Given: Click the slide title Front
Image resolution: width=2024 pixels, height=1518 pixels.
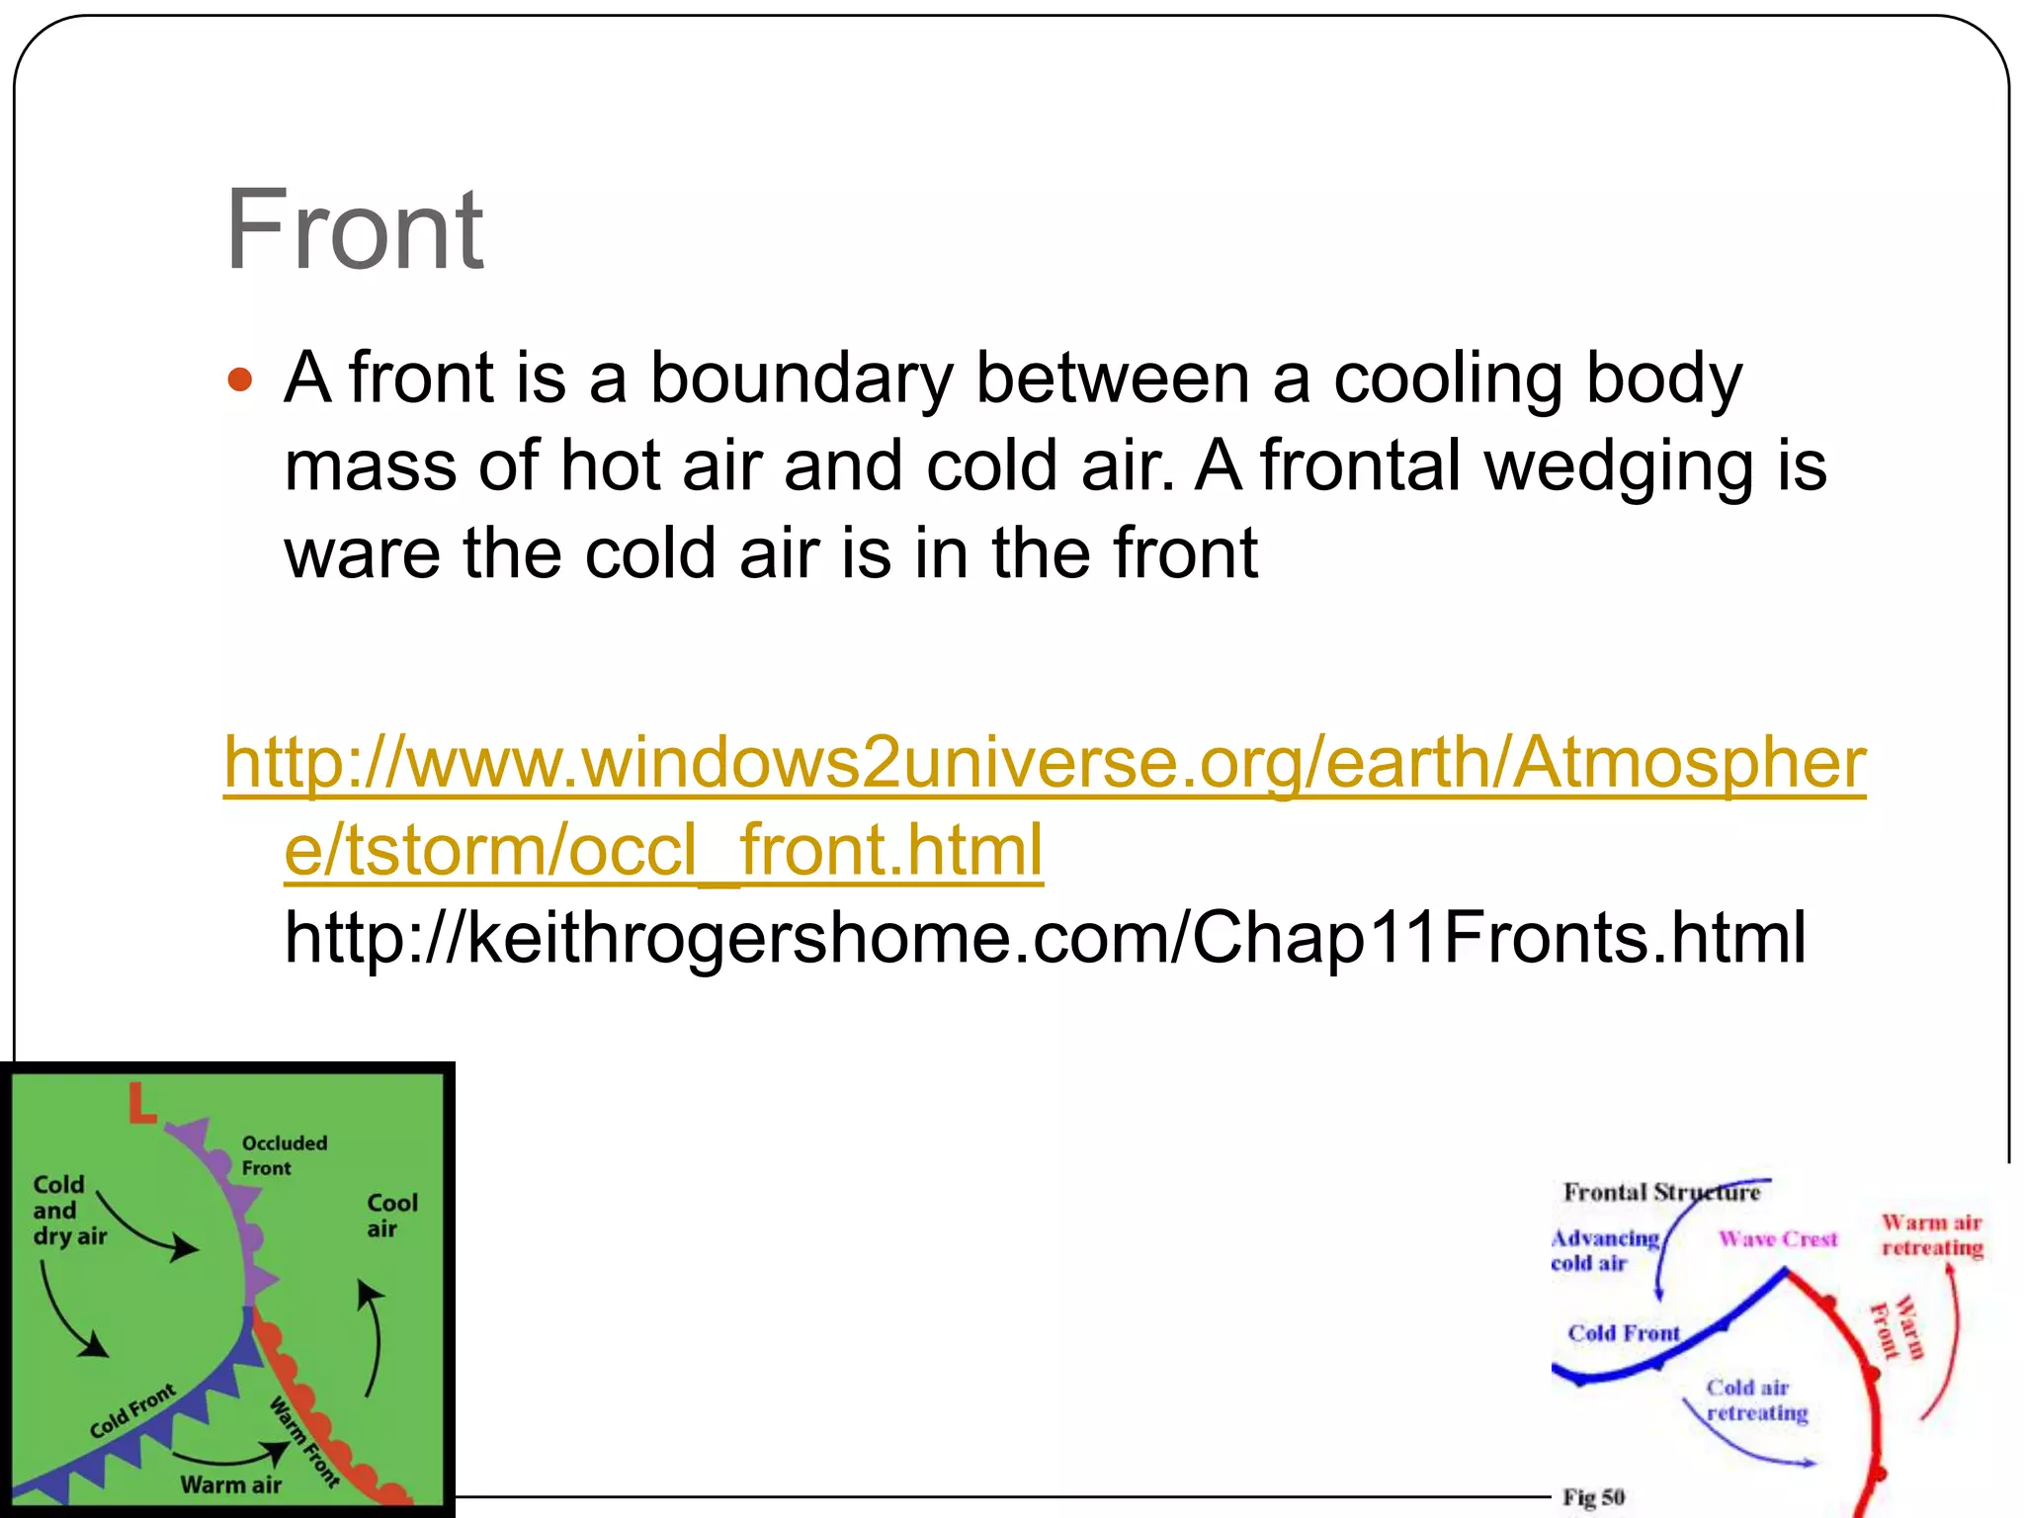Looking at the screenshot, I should [354, 230].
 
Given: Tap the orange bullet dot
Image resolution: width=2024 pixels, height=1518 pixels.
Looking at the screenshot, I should [240, 379].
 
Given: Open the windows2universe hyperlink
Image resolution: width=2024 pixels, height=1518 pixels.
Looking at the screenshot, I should [1044, 763].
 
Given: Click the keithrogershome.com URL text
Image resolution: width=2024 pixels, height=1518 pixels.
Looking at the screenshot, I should [1045, 937].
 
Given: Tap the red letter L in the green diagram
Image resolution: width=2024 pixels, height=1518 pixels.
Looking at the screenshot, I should [142, 1104].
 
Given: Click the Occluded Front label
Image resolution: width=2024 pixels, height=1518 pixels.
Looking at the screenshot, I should [284, 1155].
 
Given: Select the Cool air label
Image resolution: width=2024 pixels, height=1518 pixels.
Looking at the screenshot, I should [391, 1216].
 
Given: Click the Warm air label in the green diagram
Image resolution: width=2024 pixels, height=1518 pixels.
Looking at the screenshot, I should [230, 1484].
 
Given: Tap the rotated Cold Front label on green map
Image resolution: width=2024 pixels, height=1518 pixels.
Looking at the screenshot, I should [132, 1411].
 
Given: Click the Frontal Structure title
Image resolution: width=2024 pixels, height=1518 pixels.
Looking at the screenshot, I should [1660, 1192].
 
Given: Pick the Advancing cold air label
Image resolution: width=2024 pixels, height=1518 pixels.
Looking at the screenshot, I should [1603, 1250].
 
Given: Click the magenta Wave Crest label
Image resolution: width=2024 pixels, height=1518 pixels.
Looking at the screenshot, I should [1777, 1238].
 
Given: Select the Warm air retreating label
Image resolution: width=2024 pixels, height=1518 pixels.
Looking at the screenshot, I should [1931, 1235].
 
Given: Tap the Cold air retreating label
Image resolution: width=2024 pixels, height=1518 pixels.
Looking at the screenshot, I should [1755, 1400].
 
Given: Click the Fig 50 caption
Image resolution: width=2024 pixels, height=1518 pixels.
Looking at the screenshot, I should [1593, 1497].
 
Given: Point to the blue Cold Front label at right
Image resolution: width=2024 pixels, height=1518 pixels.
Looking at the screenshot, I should [1623, 1333].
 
